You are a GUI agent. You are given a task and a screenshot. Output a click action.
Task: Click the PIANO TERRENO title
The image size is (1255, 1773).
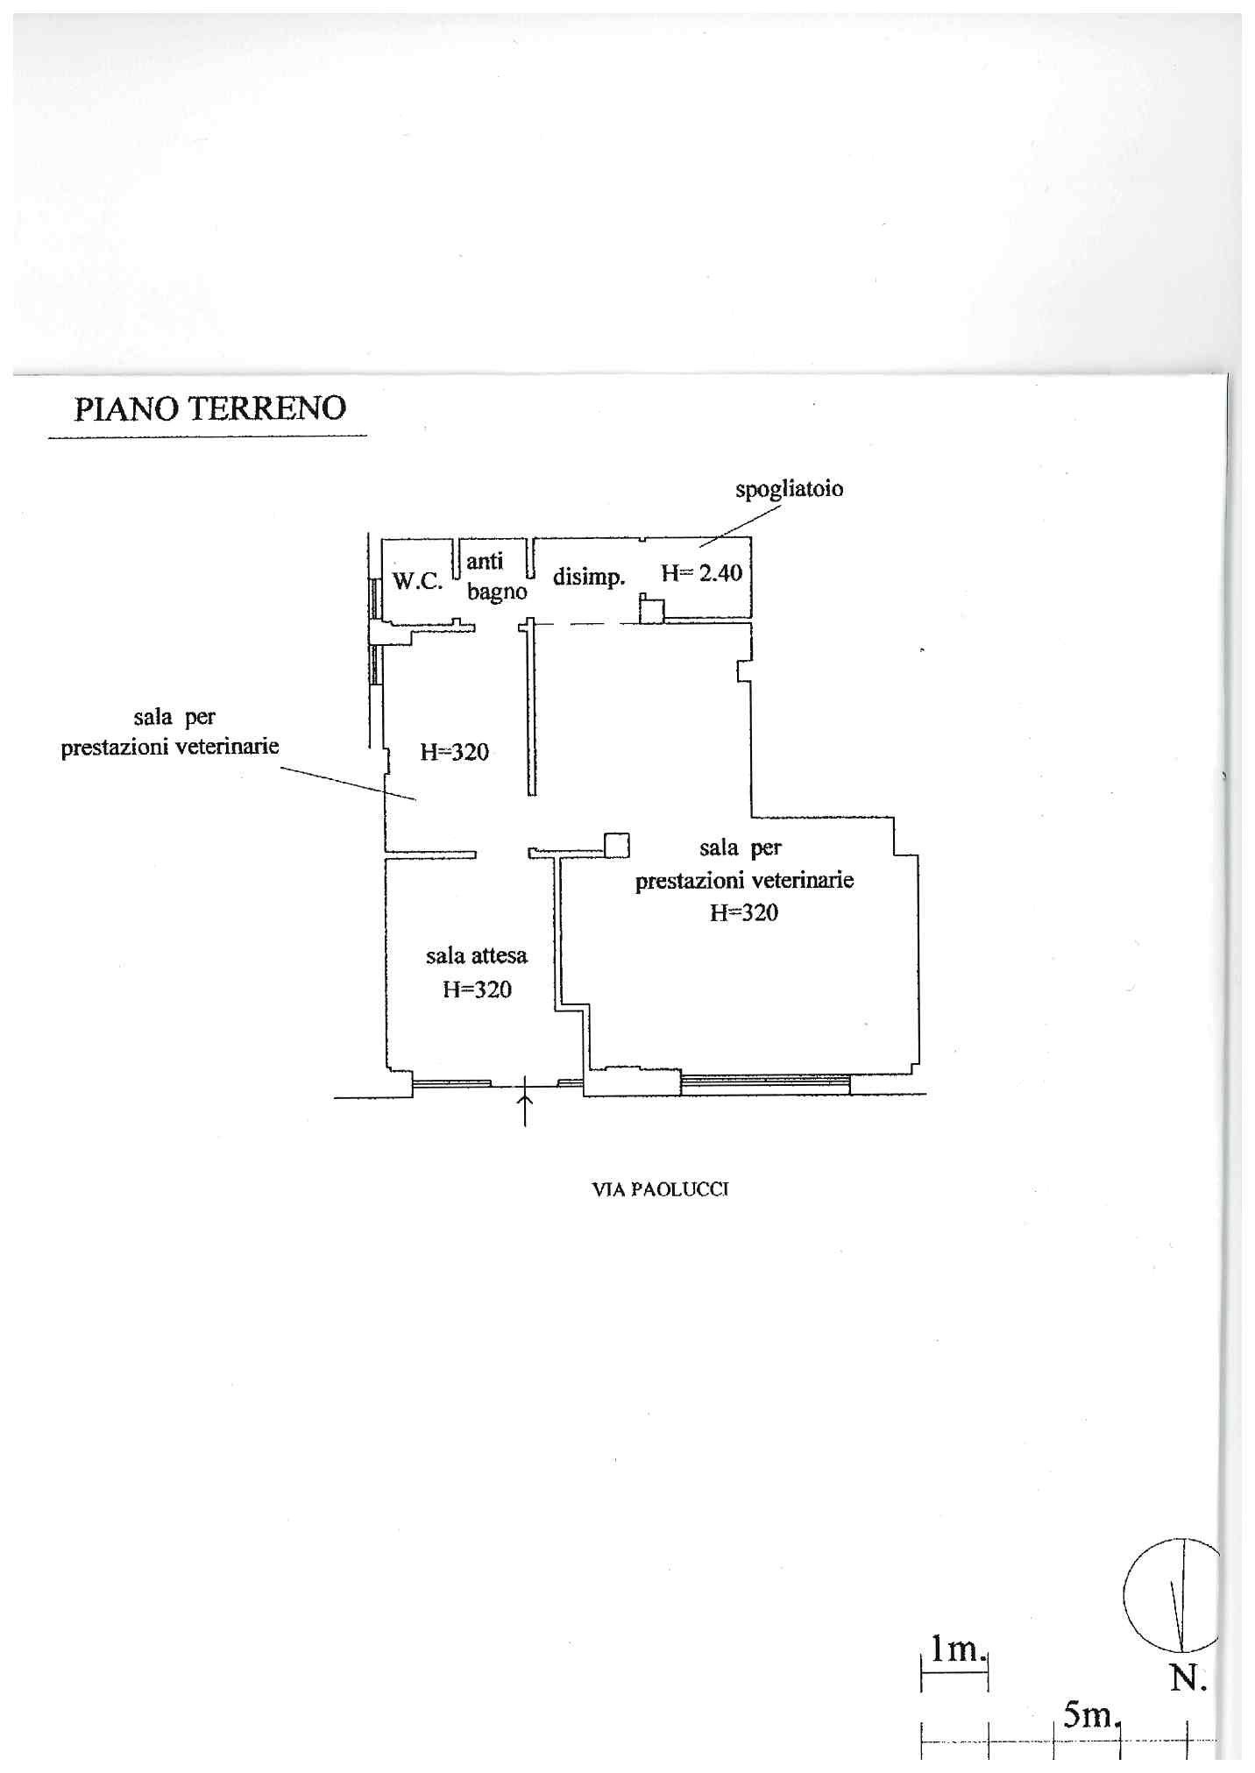click(209, 408)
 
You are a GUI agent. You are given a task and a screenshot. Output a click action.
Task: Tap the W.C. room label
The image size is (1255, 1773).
click(417, 580)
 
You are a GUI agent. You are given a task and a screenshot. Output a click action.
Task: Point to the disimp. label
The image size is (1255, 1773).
click(589, 577)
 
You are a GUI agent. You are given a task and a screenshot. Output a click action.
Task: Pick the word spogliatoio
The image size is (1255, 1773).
click(789, 489)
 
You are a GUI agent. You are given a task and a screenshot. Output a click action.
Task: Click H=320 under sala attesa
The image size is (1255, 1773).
click(477, 989)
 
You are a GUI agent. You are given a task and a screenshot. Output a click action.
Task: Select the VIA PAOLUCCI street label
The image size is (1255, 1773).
click(661, 1189)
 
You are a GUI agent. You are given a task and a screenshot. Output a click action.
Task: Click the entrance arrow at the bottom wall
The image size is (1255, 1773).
click(525, 1101)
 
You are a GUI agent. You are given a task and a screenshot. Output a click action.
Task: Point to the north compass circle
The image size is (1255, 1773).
click(1171, 1595)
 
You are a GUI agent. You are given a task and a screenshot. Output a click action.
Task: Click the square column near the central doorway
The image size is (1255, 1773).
click(617, 845)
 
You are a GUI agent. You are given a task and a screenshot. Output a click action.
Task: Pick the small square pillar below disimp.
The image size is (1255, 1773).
click(651, 609)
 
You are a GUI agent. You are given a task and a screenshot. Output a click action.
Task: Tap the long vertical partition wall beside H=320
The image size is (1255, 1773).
click(531, 708)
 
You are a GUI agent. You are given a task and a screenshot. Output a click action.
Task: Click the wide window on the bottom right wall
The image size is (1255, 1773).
click(765, 1083)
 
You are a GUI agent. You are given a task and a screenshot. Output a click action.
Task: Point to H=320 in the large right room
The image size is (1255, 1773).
click(743, 912)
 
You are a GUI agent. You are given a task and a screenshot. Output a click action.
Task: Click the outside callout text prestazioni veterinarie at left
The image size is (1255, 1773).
click(170, 747)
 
